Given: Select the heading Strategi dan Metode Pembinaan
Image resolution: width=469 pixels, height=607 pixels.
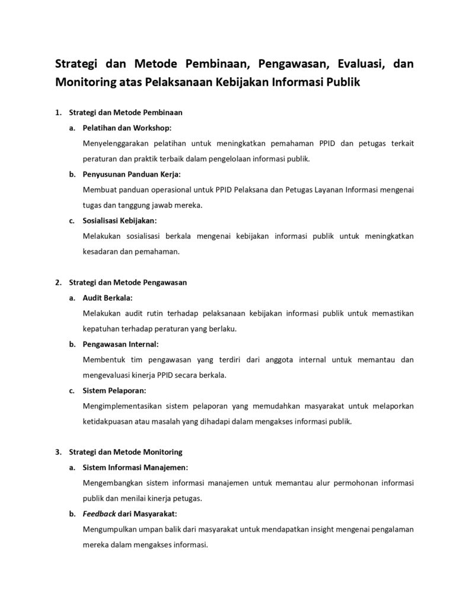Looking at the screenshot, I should click(x=126, y=112).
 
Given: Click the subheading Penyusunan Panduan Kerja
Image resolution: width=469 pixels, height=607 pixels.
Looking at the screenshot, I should click(x=131, y=174).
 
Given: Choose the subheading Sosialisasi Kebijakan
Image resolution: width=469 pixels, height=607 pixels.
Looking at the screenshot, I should click(x=120, y=221).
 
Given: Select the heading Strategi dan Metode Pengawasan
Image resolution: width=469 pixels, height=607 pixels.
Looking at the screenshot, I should click(x=128, y=282).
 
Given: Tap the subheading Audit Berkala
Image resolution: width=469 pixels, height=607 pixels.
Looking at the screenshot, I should click(x=107, y=298).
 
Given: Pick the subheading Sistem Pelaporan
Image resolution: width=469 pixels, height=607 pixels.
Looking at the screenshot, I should click(x=114, y=390).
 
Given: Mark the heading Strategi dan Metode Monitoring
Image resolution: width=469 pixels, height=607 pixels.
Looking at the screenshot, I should click(x=126, y=452).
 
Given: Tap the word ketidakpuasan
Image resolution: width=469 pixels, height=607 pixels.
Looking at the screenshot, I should click(x=109, y=421).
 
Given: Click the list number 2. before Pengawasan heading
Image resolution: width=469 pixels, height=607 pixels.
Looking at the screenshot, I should click(x=58, y=282).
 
